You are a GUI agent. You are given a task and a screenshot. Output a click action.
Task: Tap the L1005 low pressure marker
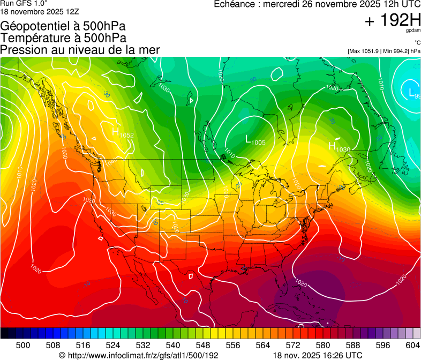[x=255, y=140]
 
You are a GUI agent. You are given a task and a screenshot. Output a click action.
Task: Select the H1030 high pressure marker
[x=339, y=146]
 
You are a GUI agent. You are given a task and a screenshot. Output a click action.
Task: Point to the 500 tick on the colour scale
[x=23, y=344]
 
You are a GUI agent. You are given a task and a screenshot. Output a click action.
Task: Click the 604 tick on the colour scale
[x=413, y=344]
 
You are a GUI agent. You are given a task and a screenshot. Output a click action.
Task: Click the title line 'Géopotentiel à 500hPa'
[x=63, y=26]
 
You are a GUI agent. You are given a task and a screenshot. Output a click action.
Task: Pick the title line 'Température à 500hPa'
[x=63, y=38]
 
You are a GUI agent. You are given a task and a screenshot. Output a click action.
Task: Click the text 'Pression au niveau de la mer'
[x=80, y=50]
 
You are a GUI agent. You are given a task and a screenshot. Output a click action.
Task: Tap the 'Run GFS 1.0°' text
[x=24, y=3]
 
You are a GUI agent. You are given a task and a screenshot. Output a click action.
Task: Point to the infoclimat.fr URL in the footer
[x=138, y=355]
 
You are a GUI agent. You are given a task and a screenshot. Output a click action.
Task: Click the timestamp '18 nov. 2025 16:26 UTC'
[x=317, y=355]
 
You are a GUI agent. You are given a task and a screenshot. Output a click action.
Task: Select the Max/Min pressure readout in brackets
[x=384, y=51]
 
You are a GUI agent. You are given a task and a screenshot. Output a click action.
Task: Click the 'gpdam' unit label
[x=413, y=31]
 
